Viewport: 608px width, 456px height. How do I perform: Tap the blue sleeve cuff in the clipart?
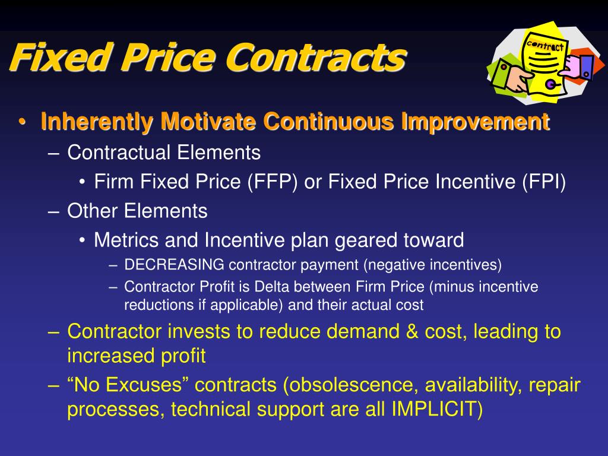(x=585, y=66)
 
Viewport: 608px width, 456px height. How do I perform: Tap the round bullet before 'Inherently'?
(x=22, y=123)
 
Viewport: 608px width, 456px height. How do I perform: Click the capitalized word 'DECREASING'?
(x=175, y=264)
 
